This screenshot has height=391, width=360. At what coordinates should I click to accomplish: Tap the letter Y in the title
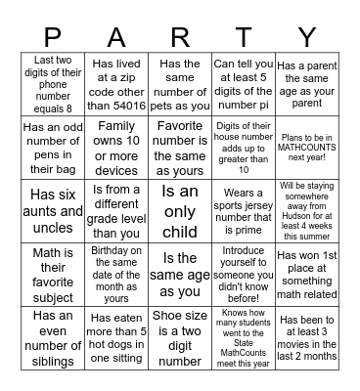pos(308,37)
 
